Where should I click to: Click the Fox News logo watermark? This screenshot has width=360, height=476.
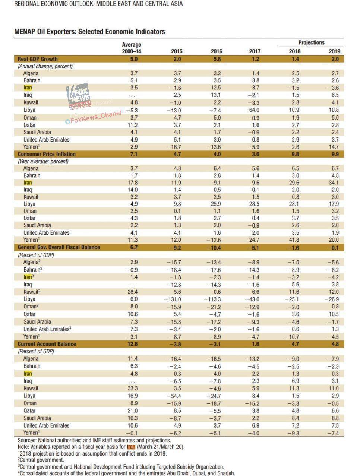click(79, 96)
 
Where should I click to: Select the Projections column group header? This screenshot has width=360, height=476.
click(311, 42)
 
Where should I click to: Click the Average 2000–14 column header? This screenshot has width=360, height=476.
click(132, 48)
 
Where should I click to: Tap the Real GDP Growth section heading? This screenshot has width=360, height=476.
click(38, 59)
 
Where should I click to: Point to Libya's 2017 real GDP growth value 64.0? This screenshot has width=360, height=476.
click(255, 110)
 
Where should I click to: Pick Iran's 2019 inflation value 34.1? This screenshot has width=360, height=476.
click(334, 183)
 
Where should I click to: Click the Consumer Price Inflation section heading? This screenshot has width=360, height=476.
click(47, 154)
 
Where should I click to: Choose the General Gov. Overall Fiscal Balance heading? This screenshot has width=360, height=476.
click(59, 247)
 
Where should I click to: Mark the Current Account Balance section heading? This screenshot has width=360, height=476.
click(47, 344)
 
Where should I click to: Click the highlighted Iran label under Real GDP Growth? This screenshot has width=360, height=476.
click(28, 88)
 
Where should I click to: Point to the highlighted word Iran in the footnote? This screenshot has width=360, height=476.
click(131, 447)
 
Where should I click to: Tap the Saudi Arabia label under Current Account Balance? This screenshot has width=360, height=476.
click(37, 418)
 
